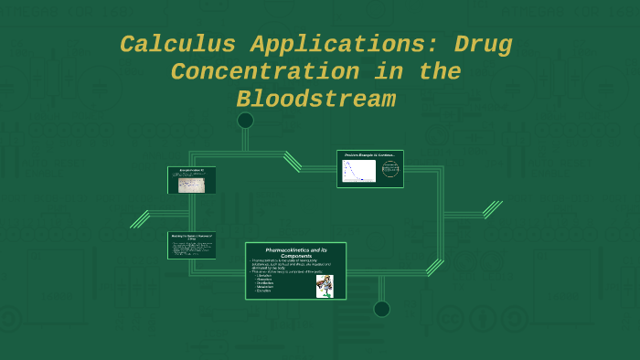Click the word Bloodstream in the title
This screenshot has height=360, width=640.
pyautogui.click(x=315, y=99)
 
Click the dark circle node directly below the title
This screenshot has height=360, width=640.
pyautogui.click(x=245, y=121)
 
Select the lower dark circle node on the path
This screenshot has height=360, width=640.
pyautogui.click(x=381, y=309)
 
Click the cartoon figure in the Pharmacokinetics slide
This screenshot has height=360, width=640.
pyautogui.click(x=325, y=286)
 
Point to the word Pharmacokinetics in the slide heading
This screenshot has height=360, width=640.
pyautogui.click(x=290, y=249)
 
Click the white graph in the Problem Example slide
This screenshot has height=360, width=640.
pyautogui.click(x=358, y=171)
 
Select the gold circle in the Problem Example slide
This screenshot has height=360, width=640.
pyautogui.click(x=390, y=170)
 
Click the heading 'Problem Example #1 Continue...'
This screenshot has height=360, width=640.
pyautogui.click(x=369, y=155)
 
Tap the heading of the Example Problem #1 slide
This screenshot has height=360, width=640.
pyautogui.click(x=191, y=170)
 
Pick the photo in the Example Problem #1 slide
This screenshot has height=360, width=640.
pyautogui.click(x=192, y=185)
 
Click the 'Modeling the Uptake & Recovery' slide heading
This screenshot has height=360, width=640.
pyautogui.click(x=191, y=236)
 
